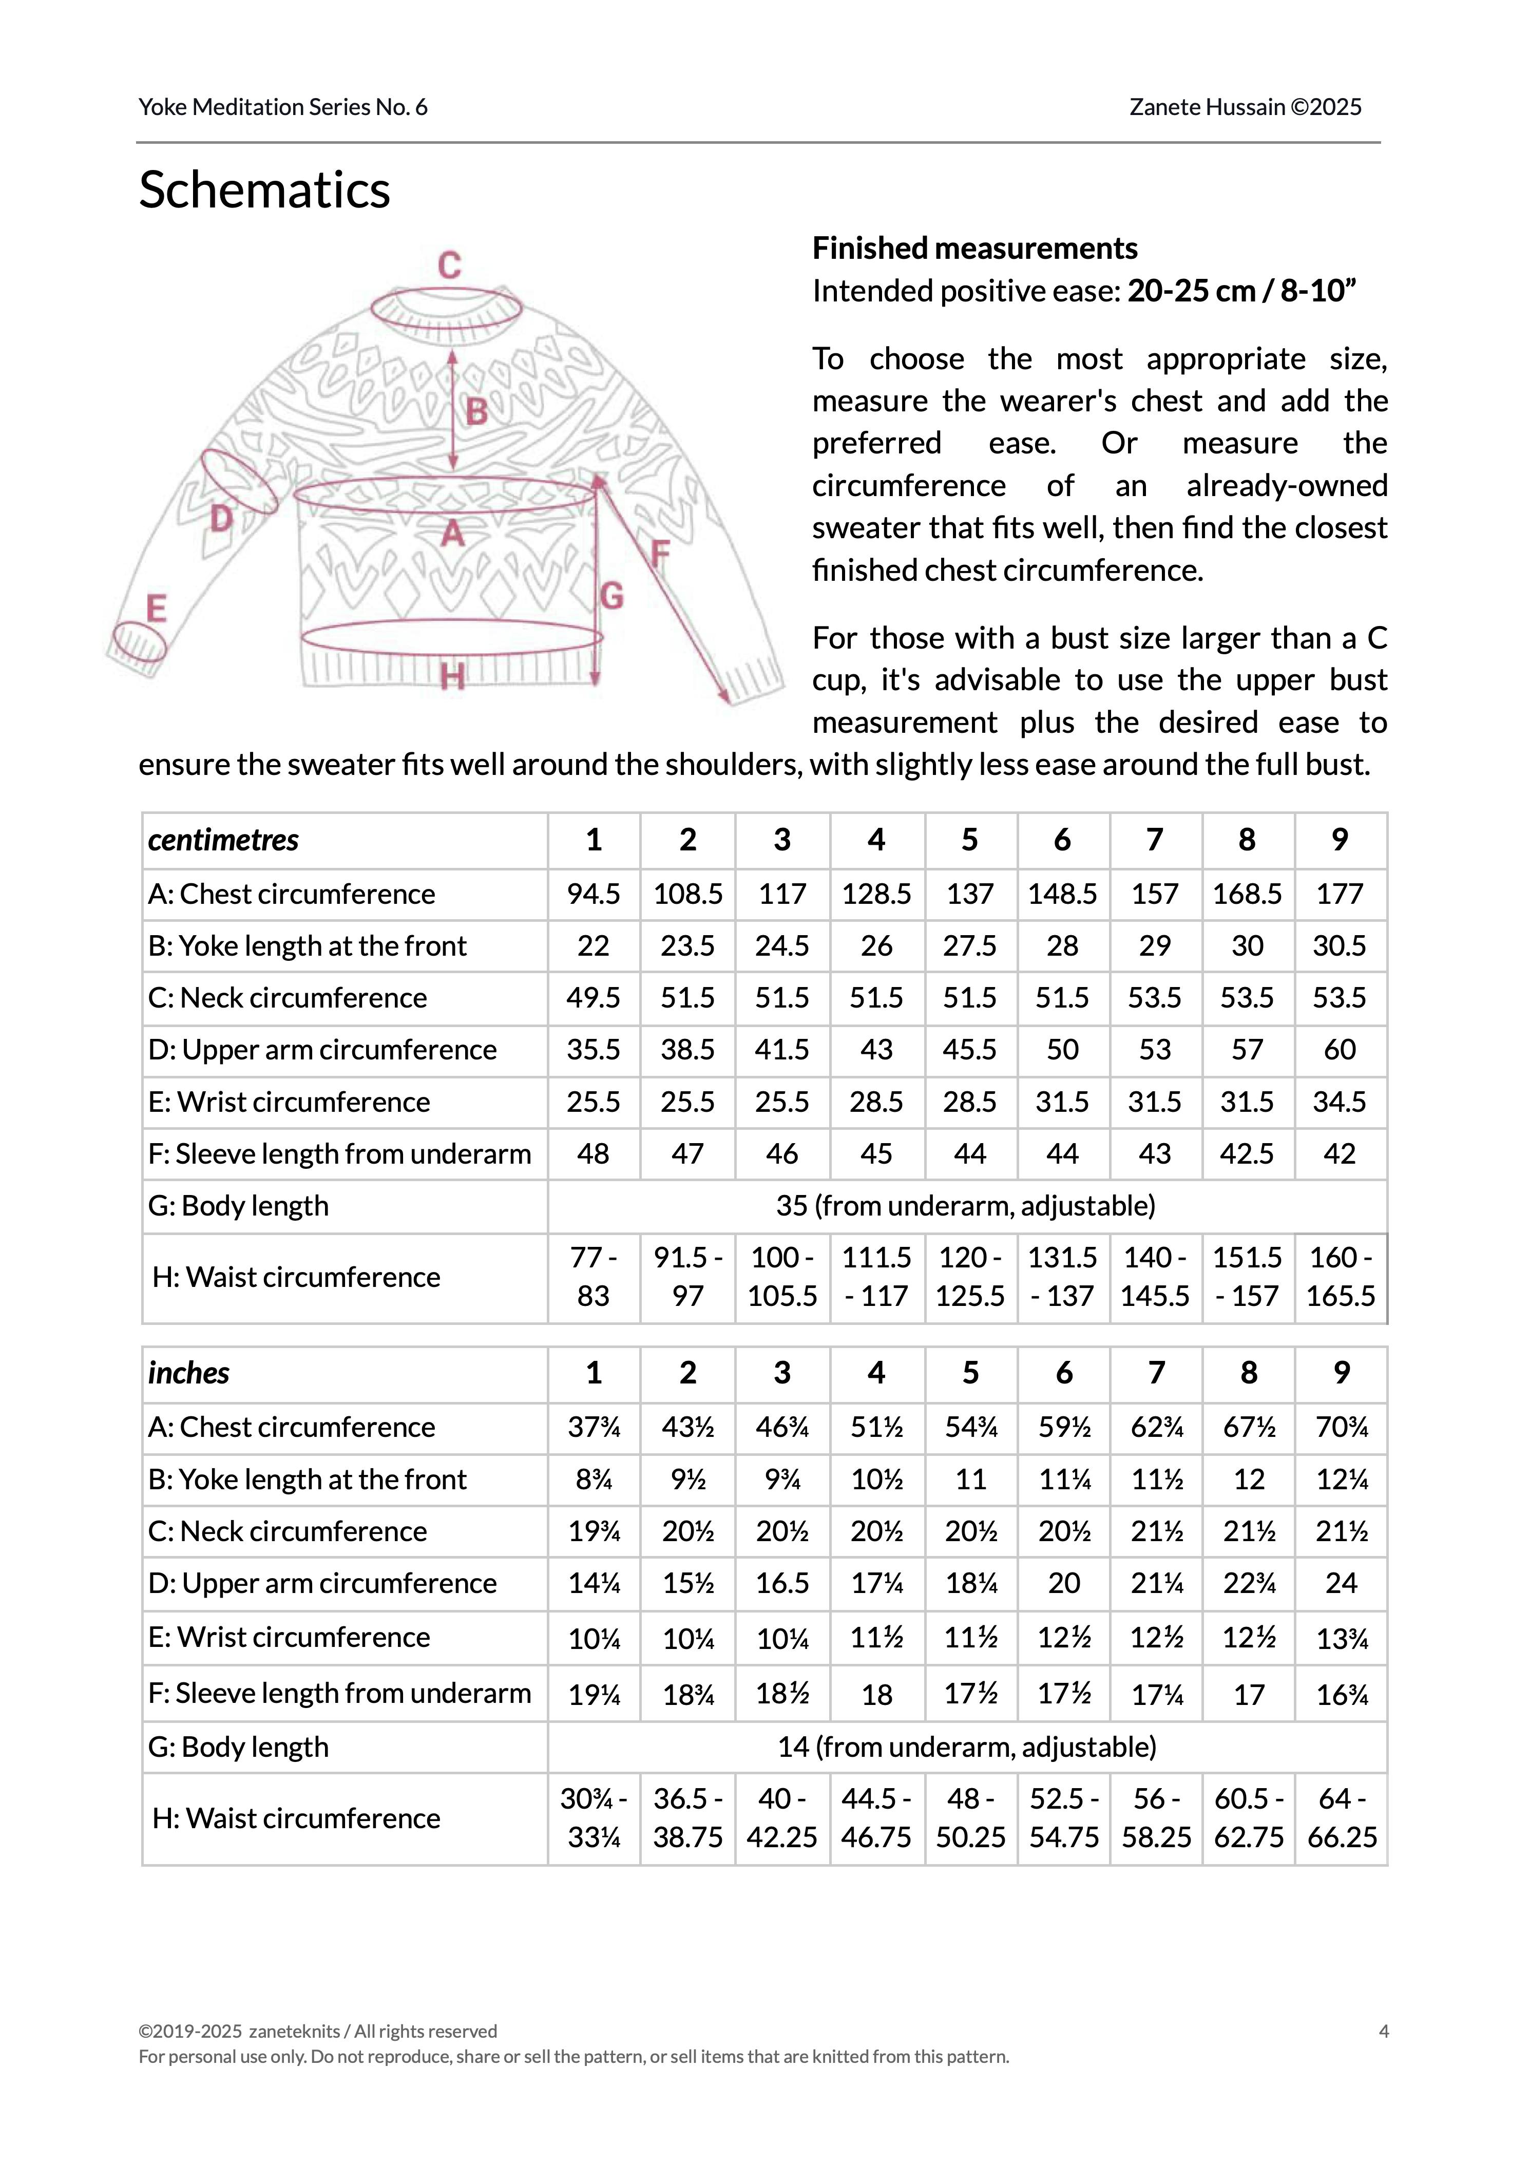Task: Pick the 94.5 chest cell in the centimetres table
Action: coord(594,894)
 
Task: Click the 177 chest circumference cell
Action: coord(1340,894)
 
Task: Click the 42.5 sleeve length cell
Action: coord(1248,1154)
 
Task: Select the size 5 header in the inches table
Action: coord(970,1373)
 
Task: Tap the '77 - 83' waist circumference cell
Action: coord(594,1277)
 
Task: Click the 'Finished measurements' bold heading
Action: coord(975,249)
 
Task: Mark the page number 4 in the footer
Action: coord(1383,2031)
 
